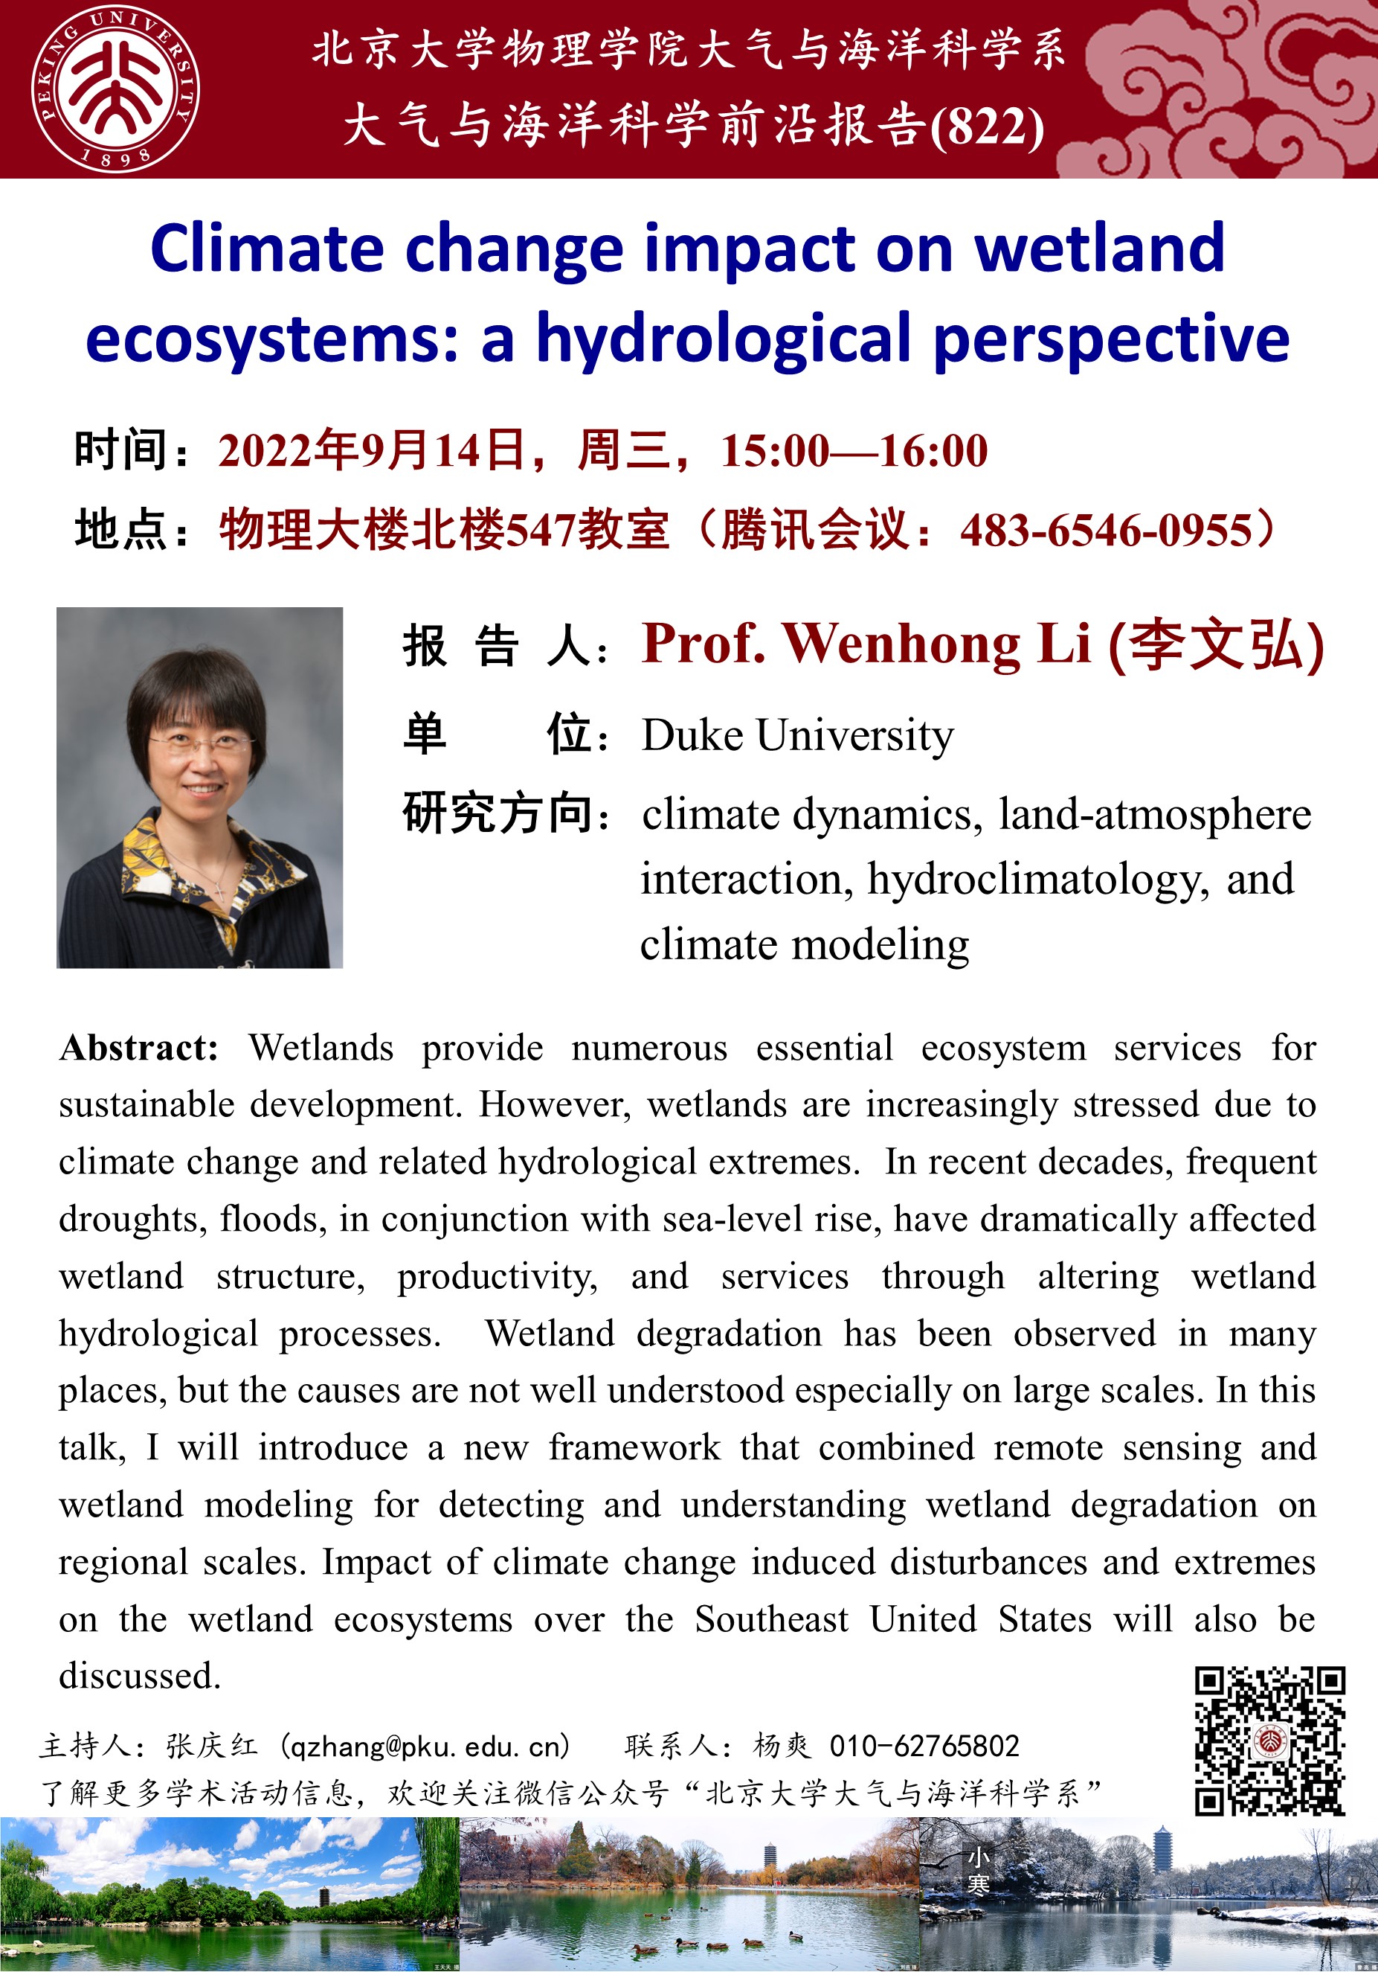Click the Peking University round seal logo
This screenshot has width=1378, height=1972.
(116, 89)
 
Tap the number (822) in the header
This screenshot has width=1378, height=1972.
(987, 127)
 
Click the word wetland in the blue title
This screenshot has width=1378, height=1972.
(1100, 249)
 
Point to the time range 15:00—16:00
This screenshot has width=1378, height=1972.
(854, 451)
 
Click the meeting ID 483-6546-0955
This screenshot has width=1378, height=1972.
(1107, 530)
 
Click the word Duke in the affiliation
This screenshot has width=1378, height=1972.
(692, 736)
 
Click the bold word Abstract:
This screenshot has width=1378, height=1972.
(138, 1048)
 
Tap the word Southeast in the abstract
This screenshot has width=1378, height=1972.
(771, 1619)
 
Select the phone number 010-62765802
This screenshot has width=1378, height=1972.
(924, 1746)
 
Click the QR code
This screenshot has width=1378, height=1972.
(1270, 1741)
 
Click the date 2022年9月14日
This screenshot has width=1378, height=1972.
(372, 451)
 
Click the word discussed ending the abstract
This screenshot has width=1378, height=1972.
(138, 1676)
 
